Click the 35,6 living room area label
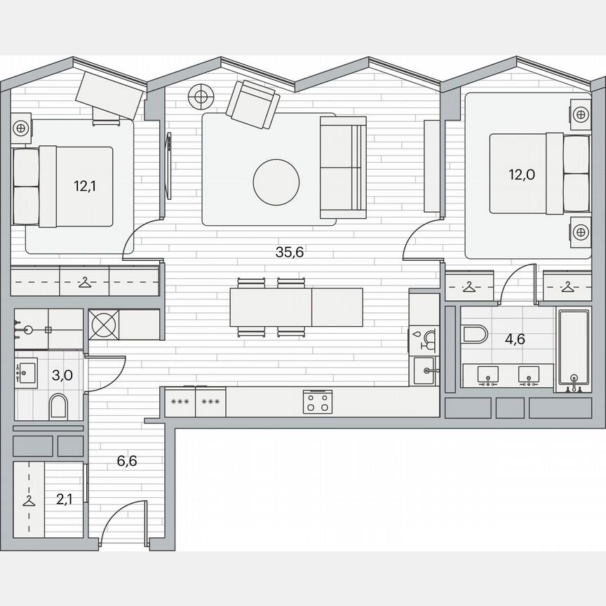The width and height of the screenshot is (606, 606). pyautogui.click(x=289, y=253)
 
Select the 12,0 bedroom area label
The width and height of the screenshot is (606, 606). pyautogui.click(x=522, y=175)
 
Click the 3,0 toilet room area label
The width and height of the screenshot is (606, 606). pyautogui.click(x=62, y=375)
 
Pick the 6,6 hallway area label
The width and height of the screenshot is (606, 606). pyautogui.click(x=128, y=461)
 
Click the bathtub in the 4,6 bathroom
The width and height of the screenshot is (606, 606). pyautogui.click(x=574, y=349)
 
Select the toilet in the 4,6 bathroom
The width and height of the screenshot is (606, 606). pyautogui.click(x=474, y=333)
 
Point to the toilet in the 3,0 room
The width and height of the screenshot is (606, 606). pyautogui.click(x=59, y=406)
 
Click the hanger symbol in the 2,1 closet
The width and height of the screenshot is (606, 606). pyautogui.click(x=29, y=500)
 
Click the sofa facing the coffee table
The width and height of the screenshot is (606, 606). pyautogui.click(x=342, y=167)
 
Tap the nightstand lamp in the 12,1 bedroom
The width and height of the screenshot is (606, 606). pyautogui.click(x=22, y=128)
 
